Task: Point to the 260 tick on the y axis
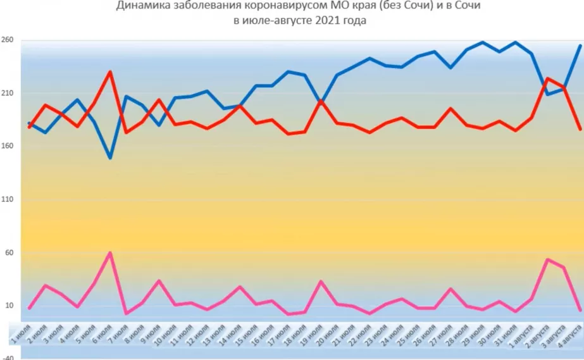click(x=8, y=40)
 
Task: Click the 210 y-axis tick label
click(x=8, y=93)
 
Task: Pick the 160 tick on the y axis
click(x=8, y=146)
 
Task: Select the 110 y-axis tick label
click(x=8, y=199)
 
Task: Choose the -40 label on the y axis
click(x=8, y=357)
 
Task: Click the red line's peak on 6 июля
click(x=111, y=71)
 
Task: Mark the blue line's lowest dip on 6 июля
click(x=111, y=158)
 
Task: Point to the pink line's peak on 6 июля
click(x=111, y=253)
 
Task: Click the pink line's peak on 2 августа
click(x=548, y=259)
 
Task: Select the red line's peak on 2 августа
click(x=548, y=78)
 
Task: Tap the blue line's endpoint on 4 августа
click(x=580, y=46)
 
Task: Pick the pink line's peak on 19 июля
click(x=321, y=281)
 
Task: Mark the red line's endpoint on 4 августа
click(x=580, y=129)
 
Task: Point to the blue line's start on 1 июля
click(x=29, y=123)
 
